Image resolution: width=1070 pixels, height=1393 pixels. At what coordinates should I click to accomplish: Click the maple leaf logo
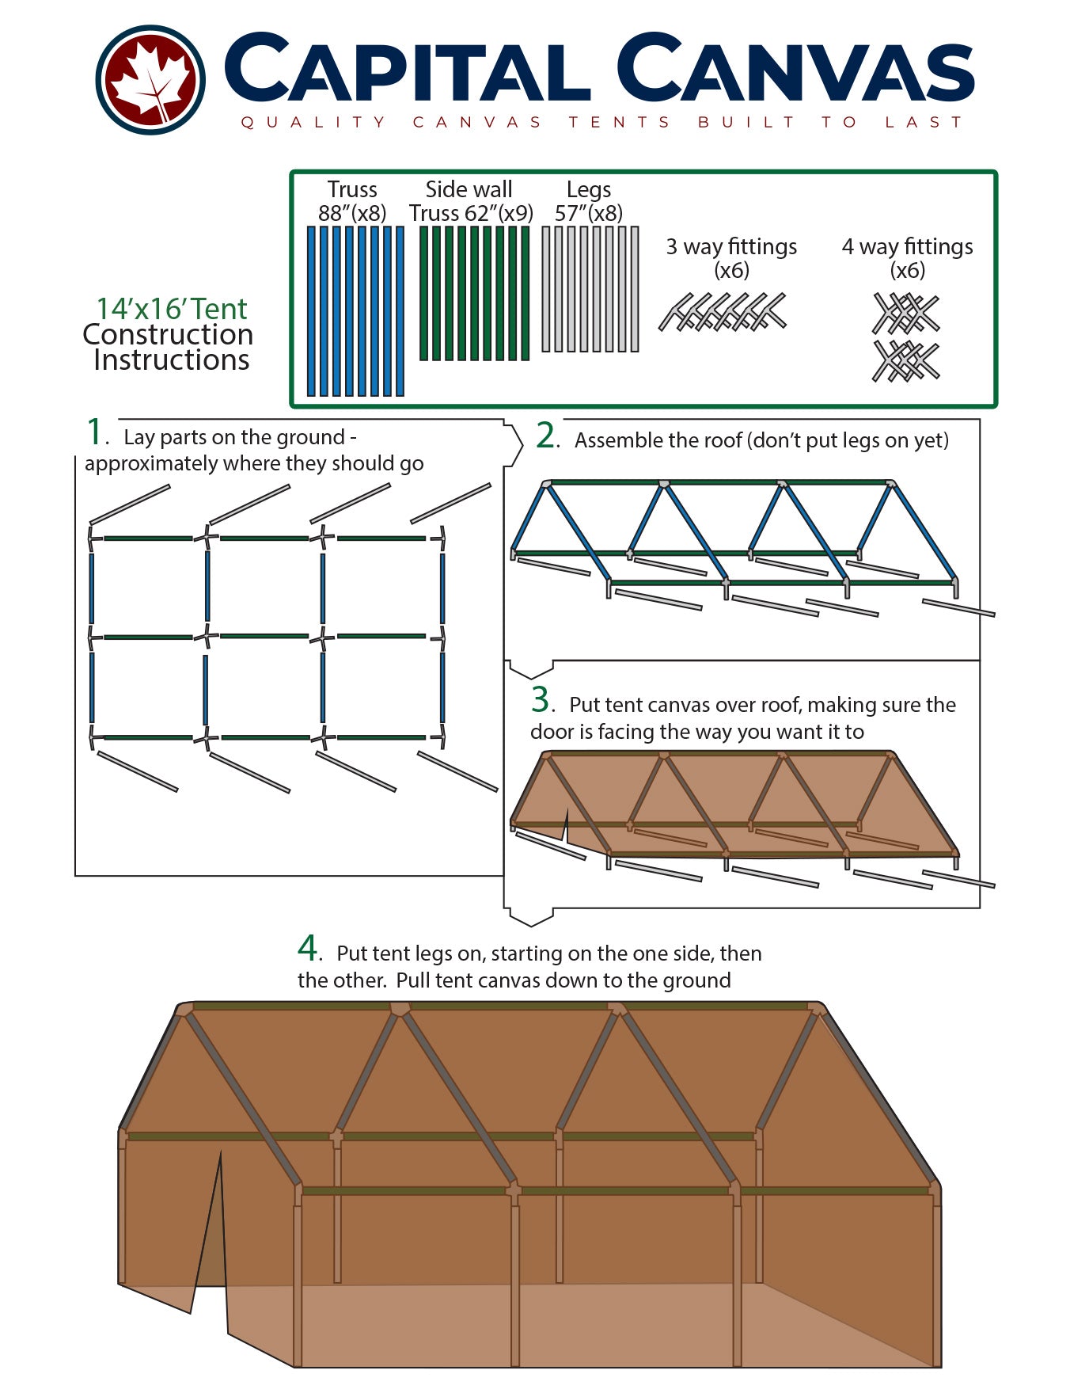150,79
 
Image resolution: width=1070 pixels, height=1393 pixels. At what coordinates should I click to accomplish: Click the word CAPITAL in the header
407,70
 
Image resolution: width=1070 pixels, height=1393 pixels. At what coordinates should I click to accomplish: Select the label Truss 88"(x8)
352,201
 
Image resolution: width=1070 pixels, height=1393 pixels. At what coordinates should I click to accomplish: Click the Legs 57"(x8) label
588,201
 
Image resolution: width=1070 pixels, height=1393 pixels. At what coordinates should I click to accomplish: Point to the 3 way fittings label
731,257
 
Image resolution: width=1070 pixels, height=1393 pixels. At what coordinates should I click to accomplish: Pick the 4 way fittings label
907,257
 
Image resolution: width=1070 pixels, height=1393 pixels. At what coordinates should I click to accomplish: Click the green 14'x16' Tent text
172,309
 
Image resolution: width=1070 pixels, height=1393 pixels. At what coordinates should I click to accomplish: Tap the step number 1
95,433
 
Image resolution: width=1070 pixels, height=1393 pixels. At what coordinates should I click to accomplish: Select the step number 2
547,436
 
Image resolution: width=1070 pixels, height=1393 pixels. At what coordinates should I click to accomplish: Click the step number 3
541,700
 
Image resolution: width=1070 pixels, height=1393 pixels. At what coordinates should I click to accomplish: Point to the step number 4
307,948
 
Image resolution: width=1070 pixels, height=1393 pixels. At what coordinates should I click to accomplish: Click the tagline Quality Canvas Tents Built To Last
601,122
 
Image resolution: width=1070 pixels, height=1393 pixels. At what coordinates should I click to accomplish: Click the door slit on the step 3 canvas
566,825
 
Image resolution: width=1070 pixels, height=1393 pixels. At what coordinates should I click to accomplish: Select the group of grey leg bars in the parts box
590,289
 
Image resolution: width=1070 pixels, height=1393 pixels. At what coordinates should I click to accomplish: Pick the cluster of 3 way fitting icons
723,312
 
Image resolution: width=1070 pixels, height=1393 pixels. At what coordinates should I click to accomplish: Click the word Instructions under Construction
172,360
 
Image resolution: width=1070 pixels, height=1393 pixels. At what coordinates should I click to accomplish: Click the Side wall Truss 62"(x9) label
470,201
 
